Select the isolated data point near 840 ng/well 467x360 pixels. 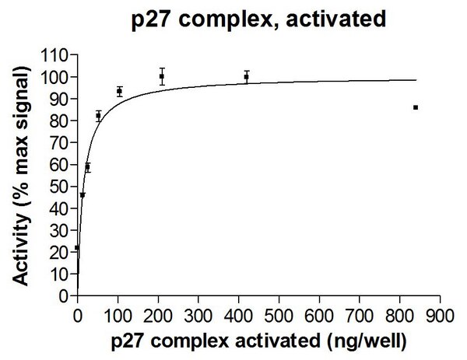point(416,107)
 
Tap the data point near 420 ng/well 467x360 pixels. point(247,76)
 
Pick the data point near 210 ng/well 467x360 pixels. point(162,76)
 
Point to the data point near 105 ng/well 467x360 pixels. point(119,91)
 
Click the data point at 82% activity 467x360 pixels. point(98,116)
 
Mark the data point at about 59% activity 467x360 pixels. point(87,166)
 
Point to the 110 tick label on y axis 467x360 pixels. point(57,55)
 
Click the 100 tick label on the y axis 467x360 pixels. point(57,77)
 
